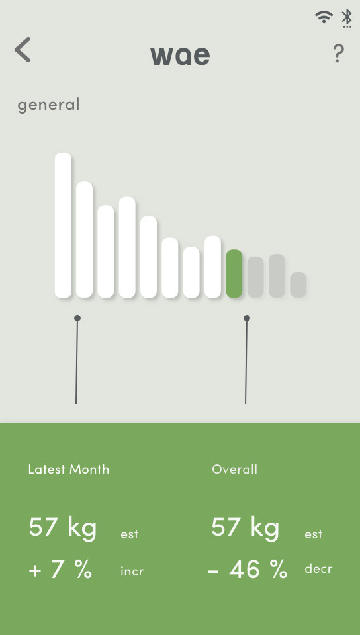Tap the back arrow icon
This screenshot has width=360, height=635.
pos(22,50)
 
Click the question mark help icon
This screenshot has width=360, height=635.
pos(339,54)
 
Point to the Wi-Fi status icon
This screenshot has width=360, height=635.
pos(324,17)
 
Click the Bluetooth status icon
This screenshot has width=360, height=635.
pos(346,19)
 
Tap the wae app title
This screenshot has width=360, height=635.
pos(180,56)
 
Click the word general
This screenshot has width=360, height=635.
pos(48,105)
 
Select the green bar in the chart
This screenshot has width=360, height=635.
pos(234,274)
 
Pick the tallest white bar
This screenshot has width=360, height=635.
pos(63,226)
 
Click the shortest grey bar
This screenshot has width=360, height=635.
pos(298,284)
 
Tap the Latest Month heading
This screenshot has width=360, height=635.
pos(69,470)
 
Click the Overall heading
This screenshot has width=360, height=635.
pos(234,470)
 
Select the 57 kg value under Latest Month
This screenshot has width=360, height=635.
pos(63,528)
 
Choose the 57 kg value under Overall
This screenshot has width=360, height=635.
pos(246,528)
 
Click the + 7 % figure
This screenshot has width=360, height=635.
pos(60,569)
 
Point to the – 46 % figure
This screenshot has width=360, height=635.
pos(247,569)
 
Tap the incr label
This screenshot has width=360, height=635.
pos(132,571)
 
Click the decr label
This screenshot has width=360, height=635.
pos(318,569)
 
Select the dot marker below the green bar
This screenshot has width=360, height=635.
pos(247,318)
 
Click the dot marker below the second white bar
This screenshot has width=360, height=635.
pos(77,318)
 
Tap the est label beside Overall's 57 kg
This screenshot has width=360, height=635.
pos(314,534)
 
